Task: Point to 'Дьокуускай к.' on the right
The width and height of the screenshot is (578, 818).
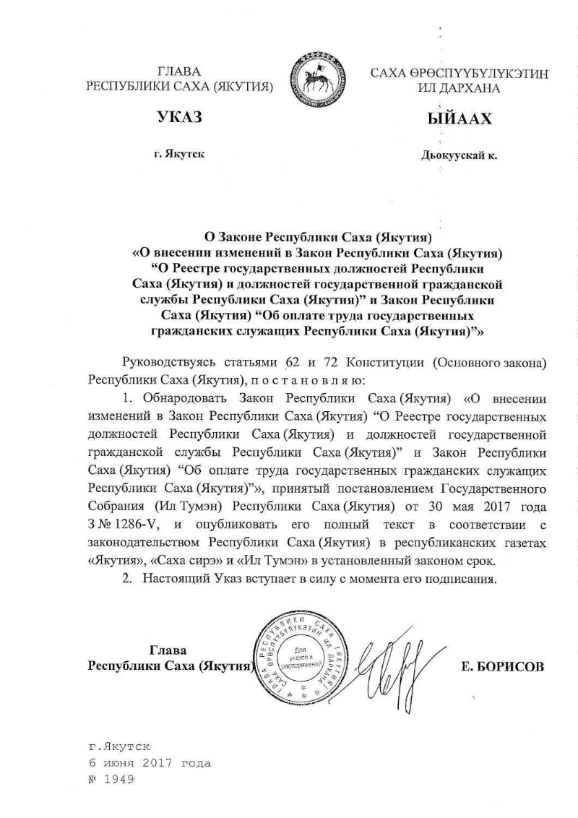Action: click(459, 155)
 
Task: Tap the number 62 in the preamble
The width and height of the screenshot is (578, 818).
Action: click(298, 362)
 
